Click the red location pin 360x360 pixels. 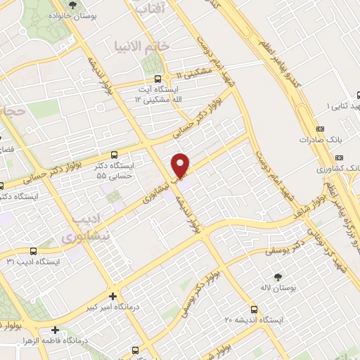pyautogui.click(x=181, y=165)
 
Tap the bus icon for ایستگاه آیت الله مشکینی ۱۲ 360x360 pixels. pyautogui.click(x=158, y=79)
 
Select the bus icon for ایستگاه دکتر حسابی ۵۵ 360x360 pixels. pyautogui.click(x=115, y=155)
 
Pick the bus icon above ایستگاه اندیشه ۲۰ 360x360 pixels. pyautogui.click(x=254, y=309)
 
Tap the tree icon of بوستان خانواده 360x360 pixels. pyautogui.click(x=74, y=6)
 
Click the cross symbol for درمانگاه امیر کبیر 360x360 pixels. pyautogui.click(x=113, y=295)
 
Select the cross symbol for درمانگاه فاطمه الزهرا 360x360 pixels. pyautogui.click(x=55, y=329)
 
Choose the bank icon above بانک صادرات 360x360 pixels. pyautogui.click(x=320, y=129)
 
